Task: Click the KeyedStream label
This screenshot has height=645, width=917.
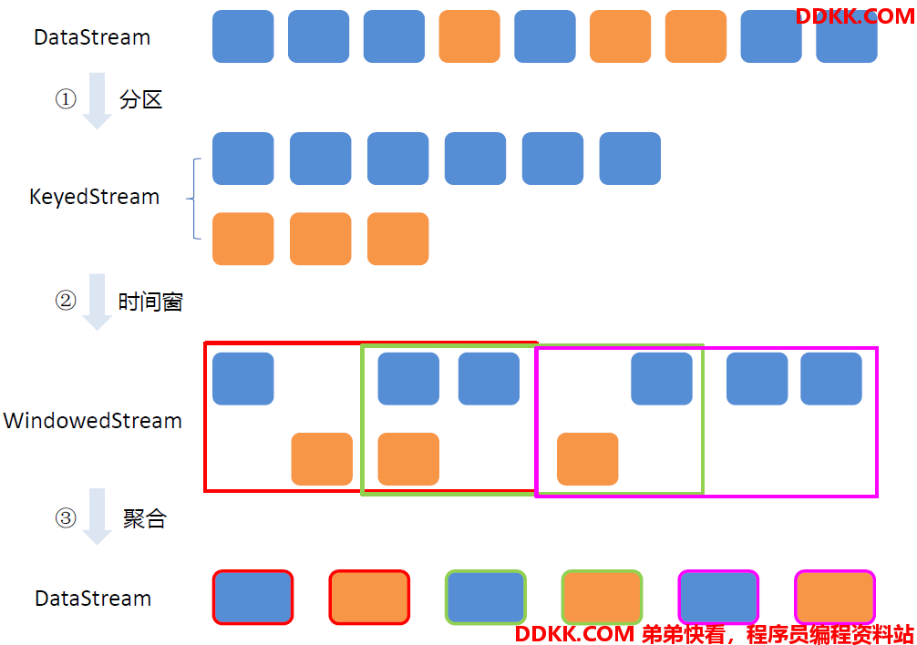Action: pyautogui.click(x=94, y=198)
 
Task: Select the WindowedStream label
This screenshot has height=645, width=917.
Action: pyautogui.click(x=93, y=421)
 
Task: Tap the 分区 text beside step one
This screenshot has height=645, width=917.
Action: pyautogui.click(x=140, y=99)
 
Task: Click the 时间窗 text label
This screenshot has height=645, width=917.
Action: pyautogui.click(x=150, y=302)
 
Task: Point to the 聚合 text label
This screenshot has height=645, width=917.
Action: pyautogui.click(x=144, y=518)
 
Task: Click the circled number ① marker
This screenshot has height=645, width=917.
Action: pyautogui.click(x=66, y=98)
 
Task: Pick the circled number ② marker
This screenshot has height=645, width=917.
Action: pyautogui.click(x=66, y=301)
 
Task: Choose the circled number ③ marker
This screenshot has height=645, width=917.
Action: pyautogui.click(x=66, y=517)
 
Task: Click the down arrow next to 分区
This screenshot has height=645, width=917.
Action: pyautogui.click(x=98, y=100)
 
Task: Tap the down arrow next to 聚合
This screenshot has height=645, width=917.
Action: pyautogui.click(x=98, y=517)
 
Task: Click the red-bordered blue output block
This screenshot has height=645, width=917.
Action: pyautogui.click(x=252, y=597)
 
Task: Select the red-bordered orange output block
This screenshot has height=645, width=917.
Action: pyautogui.click(x=369, y=597)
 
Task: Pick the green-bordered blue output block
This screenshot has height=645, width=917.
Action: pyautogui.click(x=486, y=597)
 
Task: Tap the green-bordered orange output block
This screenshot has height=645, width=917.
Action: pyautogui.click(x=602, y=597)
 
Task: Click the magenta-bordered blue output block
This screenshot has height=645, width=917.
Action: pyautogui.click(x=718, y=597)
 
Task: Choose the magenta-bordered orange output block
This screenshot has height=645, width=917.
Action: pyautogui.click(x=835, y=597)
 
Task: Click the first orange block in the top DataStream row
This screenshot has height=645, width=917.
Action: pyautogui.click(x=469, y=36)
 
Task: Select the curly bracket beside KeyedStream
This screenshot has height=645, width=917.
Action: pyautogui.click(x=195, y=199)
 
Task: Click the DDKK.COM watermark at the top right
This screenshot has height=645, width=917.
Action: pyautogui.click(x=854, y=15)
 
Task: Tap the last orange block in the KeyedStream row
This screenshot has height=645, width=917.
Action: pyautogui.click(x=398, y=239)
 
